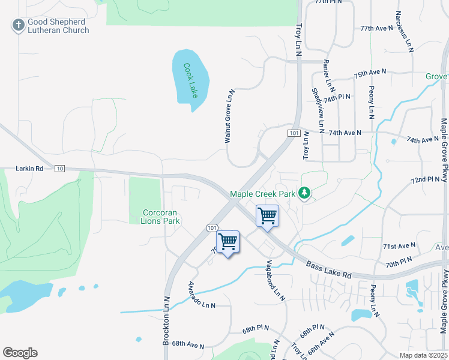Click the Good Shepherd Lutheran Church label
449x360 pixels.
point(58,25)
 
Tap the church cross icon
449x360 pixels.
point(18,25)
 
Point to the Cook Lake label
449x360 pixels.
point(190,81)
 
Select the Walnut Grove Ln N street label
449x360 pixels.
point(228,116)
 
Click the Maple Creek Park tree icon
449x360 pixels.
point(304,193)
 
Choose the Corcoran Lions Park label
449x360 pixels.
point(161,217)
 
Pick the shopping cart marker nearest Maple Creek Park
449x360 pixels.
point(267,215)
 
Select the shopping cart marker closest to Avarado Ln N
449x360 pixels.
point(228,241)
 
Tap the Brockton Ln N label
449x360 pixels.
point(166,321)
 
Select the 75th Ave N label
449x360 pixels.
point(370,73)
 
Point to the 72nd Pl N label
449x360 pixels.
point(426,179)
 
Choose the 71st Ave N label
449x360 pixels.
point(399,246)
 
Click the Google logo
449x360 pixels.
point(20,353)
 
